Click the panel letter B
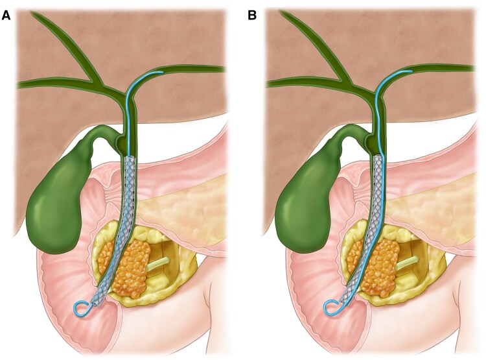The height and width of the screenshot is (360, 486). [253, 14]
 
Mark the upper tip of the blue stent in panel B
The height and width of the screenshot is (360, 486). [411, 71]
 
